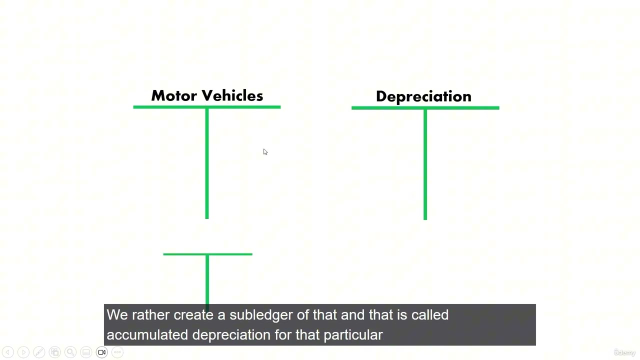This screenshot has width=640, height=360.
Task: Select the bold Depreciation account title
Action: (x=423, y=96)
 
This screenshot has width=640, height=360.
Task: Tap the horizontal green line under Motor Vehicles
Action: (x=207, y=107)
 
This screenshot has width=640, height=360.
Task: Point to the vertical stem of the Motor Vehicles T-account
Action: (x=207, y=163)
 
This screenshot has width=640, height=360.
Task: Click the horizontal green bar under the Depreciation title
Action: (x=425, y=108)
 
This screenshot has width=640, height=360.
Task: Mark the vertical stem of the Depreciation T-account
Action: (x=425, y=164)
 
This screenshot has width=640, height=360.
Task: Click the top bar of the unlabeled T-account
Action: (x=207, y=254)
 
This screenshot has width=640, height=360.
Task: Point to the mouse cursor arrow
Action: (x=265, y=152)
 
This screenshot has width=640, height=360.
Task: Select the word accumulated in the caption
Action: (x=147, y=335)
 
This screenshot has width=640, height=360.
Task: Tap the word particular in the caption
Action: (x=353, y=335)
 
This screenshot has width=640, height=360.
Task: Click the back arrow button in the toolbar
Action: (x=8, y=352)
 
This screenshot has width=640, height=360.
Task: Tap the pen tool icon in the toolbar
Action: (x=39, y=352)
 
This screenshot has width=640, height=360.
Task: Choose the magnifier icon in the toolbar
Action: (x=70, y=352)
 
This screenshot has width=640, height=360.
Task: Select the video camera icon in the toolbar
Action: (x=101, y=352)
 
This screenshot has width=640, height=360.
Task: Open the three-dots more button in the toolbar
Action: (x=117, y=352)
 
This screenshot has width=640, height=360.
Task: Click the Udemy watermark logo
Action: (x=624, y=352)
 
